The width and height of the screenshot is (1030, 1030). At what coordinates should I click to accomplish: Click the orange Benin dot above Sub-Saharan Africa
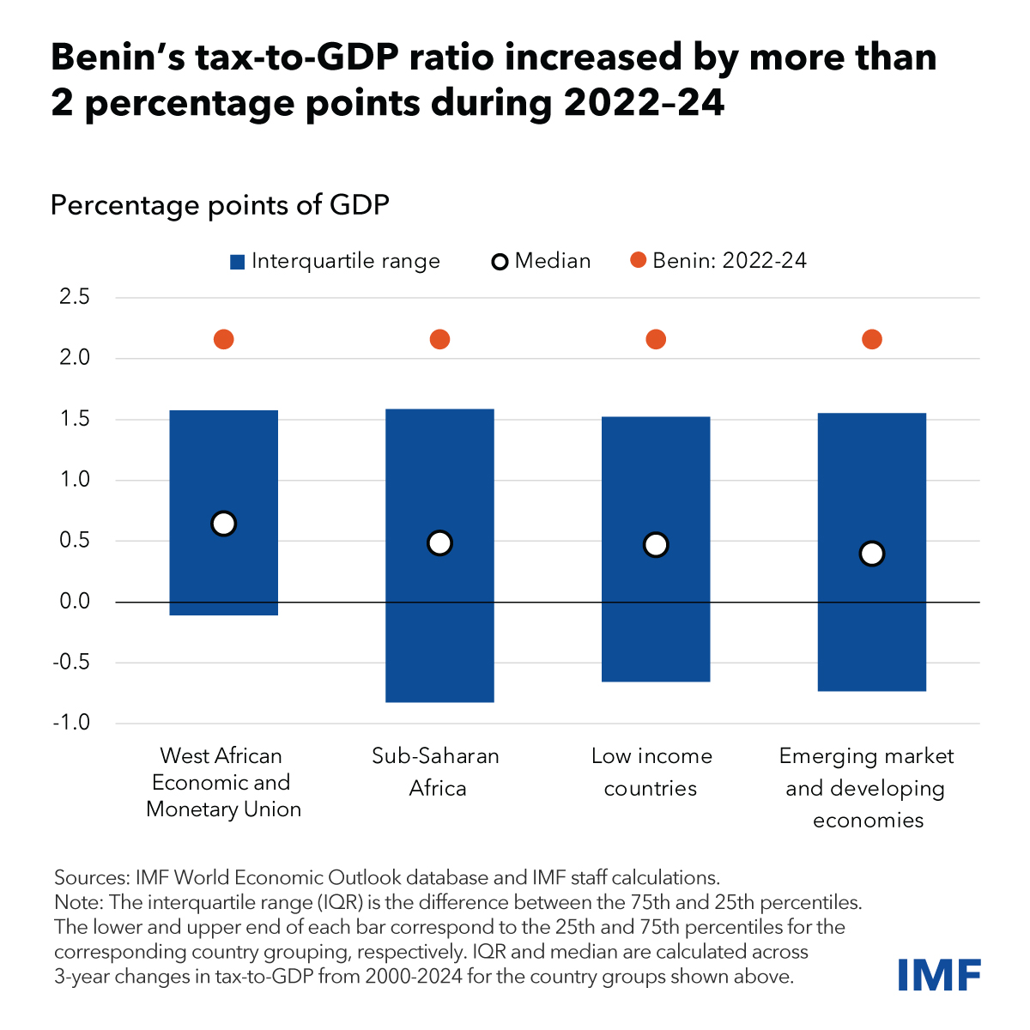click(439, 340)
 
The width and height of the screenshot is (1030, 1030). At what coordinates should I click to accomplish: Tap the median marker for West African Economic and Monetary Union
click(223, 524)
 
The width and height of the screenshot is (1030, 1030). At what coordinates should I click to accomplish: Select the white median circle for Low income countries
click(656, 544)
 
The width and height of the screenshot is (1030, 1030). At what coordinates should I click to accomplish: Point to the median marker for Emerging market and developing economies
click(871, 554)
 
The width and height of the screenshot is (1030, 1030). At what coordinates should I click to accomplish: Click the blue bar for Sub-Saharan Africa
click(439, 618)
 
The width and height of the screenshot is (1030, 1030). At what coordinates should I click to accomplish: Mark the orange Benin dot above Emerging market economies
click(871, 340)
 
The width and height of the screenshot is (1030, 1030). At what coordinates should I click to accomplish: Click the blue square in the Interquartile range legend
click(238, 262)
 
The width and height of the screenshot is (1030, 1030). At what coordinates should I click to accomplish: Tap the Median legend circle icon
click(500, 262)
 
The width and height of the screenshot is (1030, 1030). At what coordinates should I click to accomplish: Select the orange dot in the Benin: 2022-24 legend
click(638, 261)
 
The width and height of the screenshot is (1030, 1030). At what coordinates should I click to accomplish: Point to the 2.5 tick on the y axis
click(75, 298)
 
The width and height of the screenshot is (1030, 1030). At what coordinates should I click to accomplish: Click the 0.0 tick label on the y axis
click(75, 602)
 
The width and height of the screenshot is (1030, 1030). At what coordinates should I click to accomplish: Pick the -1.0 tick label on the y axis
click(72, 724)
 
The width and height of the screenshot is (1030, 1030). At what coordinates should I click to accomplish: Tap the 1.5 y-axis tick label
click(75, 420)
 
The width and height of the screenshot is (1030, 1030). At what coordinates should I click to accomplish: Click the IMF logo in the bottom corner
click(939, 975)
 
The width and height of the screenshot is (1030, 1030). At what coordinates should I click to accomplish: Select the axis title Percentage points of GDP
click(220, 206)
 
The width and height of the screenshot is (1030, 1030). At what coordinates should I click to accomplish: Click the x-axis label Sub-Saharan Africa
click(436, 772)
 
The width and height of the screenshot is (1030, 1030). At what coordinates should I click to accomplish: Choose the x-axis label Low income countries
click(651, 772)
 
